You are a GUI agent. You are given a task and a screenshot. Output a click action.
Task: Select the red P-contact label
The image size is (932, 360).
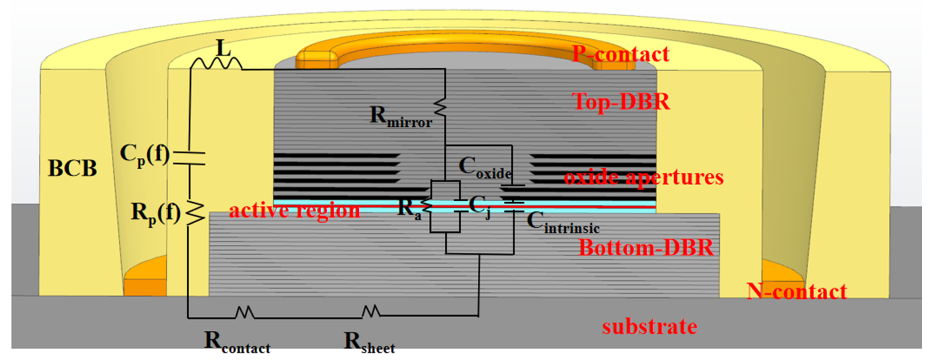[x=621, y=54]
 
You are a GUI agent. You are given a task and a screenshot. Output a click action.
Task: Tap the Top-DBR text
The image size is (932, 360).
[x=621, y=102]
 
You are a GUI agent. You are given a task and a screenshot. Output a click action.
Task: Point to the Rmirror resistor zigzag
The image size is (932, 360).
[x=441, y=107]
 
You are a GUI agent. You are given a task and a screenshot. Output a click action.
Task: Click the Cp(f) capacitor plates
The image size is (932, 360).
[x=189, y=158]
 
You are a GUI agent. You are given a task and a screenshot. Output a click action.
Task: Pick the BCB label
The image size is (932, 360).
[x=72, y=168]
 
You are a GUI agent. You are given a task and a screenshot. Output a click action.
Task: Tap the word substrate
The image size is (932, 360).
[x=649, y=327]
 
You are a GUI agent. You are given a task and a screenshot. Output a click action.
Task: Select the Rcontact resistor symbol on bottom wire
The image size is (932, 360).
[x=244, y=312]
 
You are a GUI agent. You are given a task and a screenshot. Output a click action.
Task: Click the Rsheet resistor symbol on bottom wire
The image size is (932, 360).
[x=371, y=311]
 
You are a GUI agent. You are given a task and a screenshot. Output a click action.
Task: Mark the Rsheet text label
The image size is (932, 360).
[x=369, y=342]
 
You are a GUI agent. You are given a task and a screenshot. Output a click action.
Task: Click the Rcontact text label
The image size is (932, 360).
[x=237, y=342]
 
